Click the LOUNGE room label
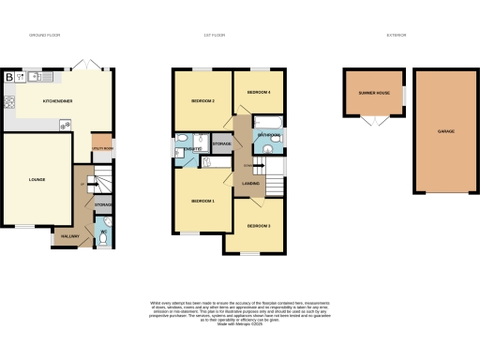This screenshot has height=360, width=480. point(37,179)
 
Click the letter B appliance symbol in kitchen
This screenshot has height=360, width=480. point(9,77)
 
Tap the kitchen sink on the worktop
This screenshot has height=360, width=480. point(34,75)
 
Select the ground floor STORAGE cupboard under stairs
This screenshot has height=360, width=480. point(103,203)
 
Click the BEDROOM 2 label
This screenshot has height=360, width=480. point(203,100)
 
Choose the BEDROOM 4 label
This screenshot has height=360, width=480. point(258,93)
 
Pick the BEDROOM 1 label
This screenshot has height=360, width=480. point(203,202)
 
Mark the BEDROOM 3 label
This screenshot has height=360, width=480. point(259,227)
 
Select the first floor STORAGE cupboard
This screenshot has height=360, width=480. point(221,143)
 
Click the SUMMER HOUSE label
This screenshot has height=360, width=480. point(373,94)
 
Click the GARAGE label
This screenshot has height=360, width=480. point(445,131)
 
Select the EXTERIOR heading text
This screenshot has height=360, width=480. point(397,37)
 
